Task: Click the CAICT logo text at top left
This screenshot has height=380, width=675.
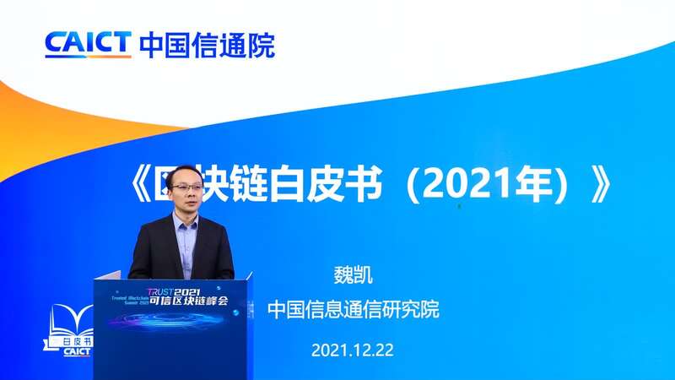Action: (88, 43)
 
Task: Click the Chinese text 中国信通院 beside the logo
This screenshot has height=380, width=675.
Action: (207, 43)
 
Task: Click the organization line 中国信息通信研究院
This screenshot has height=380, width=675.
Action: (354, 310)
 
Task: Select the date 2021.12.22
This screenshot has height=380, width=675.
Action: (353, 349)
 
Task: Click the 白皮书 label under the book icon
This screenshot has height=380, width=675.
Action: (75, 342)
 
